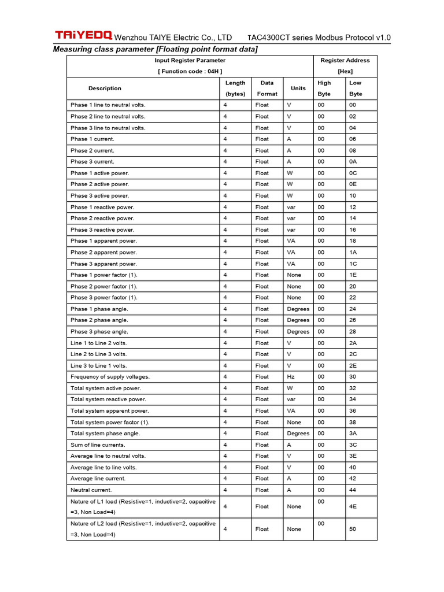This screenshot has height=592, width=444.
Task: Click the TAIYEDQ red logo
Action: [83, 35]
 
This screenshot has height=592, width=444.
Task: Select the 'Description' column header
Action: [105, 88]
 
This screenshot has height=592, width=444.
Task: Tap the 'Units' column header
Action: [298, 88]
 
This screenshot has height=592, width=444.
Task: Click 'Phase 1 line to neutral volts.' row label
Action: [108, 105]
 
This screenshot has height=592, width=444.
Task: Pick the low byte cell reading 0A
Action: [353, 162]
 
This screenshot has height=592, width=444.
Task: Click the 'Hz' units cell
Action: [291, 377]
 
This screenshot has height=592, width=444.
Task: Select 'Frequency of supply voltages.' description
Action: [110, 377]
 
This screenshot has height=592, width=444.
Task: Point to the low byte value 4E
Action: [353, 506]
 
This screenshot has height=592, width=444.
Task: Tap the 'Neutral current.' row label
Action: [91, 490]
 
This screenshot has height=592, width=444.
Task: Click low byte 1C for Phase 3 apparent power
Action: [353, 264]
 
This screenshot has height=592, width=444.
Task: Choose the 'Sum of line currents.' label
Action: [98, 445]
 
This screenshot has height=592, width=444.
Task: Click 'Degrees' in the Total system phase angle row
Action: [298, 434]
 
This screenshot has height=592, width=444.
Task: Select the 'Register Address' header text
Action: [345, 60]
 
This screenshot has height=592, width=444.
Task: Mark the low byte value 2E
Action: [353, 365]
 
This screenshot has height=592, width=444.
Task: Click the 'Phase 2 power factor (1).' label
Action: [104, 286]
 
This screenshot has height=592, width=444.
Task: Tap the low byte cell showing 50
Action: [353, 529]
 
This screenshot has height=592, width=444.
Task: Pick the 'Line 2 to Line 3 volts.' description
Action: [98, 354]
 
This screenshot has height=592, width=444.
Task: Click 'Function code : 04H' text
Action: [190, 71]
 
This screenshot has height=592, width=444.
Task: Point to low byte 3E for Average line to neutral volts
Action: [353, 456]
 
